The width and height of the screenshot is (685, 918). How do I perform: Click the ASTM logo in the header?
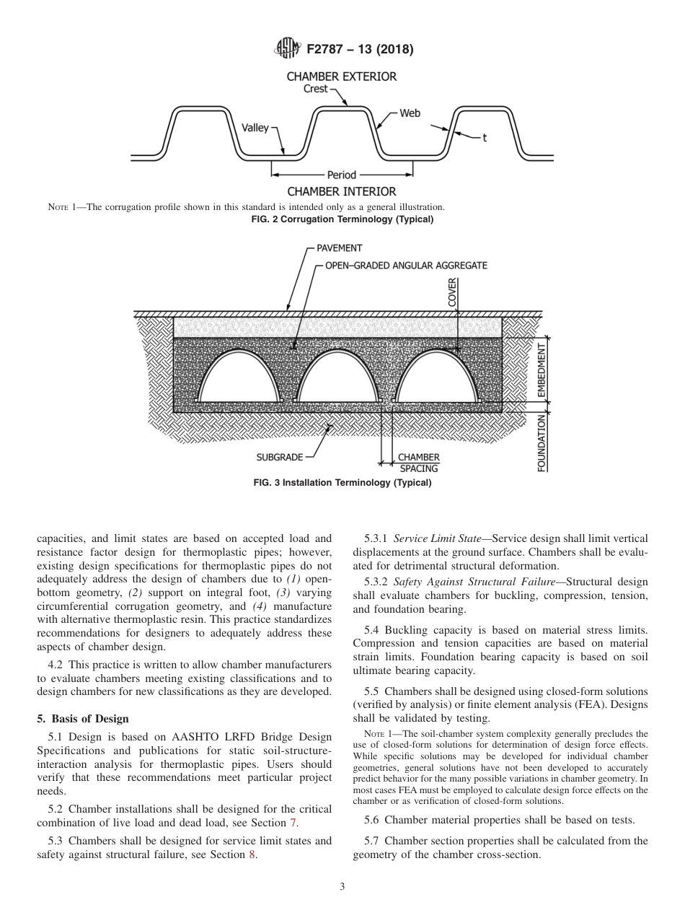(x=288, y=50)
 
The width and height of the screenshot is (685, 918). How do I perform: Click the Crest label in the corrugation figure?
(x=315, y=89)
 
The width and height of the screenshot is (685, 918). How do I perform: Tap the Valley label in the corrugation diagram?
(x=255, y=128)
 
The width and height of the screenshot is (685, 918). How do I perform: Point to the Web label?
(x=410, y=113)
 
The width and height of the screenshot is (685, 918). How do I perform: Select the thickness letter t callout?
(x=484, y=138)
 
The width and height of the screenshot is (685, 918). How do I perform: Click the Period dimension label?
(x=342, y=175)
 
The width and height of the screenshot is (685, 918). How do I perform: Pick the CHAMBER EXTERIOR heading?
(x=341, y=76)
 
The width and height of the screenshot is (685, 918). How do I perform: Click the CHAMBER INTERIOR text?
(x=341, y=191)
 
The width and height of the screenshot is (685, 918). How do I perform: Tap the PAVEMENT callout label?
(x=339, y=248)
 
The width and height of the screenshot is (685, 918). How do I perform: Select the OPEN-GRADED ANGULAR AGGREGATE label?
(x=406, y=266)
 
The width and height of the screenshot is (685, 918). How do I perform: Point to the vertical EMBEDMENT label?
(x=542, y=372)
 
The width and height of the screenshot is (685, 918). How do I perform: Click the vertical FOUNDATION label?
(x=542, y=442)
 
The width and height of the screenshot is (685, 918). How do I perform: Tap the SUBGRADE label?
(x=279, y=457)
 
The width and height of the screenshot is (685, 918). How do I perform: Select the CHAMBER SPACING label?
(x=418, y=463)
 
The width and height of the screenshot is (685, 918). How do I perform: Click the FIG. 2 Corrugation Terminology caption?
(x=342, y=219)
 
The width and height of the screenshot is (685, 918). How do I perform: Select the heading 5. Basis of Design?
(x=82, y=718)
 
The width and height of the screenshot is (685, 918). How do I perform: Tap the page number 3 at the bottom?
(x=342, y=886)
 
